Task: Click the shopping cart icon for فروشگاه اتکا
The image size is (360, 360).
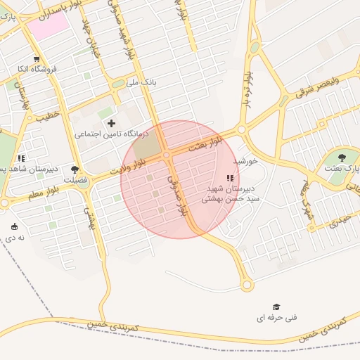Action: tap(37, 60)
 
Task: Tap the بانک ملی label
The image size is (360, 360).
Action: tap(141, 83)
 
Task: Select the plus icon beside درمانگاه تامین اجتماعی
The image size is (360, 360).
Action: tap(111, 123)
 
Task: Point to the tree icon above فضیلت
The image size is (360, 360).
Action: tap(75, 169)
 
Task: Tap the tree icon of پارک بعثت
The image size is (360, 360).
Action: tap(342, 158)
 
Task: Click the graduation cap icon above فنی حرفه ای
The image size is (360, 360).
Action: tap(276, 307)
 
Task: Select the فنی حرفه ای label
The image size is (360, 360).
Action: tap(276, 318)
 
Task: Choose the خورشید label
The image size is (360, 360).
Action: tap(246, 161)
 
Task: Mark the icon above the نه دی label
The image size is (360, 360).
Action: tap(14, 226)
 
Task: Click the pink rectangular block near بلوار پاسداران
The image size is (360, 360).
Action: tap(49, 26)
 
